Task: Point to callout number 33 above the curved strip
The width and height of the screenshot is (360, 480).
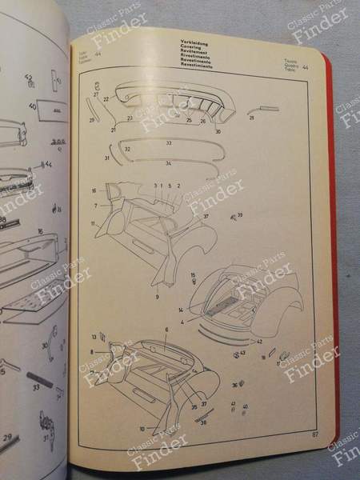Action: (169, 142)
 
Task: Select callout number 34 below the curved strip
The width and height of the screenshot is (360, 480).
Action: (168, 163)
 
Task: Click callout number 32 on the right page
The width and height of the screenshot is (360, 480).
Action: (127, 149)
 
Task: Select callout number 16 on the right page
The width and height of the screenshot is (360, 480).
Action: (94, 191)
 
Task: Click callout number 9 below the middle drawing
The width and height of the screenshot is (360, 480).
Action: (158, 296)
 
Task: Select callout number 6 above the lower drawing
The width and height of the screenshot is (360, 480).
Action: (166, 330)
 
